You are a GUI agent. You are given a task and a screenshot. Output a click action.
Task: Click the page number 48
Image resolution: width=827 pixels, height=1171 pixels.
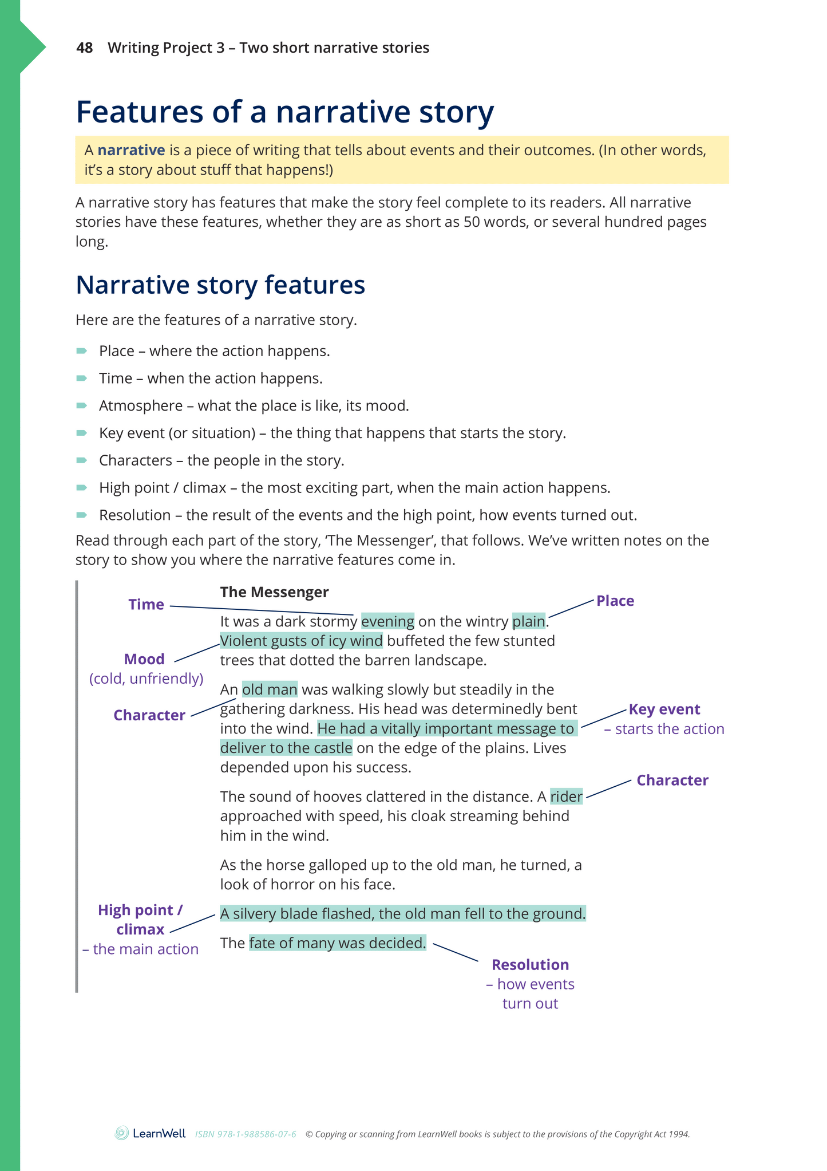[x=84, y=48]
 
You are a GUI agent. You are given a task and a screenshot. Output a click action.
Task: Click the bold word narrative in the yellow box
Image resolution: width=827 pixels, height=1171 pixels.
[x=131, y=150]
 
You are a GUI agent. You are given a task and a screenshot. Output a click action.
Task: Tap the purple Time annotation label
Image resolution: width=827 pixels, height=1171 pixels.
[x=146, y=604]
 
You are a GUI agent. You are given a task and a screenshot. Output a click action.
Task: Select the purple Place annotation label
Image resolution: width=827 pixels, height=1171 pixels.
[x=615, y=601]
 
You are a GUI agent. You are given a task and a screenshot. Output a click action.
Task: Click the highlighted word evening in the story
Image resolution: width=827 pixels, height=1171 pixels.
[x=387, y=621]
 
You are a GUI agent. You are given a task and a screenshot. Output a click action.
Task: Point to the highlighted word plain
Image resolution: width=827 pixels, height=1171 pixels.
[x=529, y=621]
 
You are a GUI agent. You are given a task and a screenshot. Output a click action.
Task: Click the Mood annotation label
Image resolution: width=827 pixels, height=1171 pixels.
[x=144, y=659]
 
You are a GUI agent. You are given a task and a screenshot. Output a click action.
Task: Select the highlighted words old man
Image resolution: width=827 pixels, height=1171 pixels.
[x=270, y=689]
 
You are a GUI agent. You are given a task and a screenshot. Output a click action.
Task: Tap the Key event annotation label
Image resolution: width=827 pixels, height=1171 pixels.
[x=664, y=709]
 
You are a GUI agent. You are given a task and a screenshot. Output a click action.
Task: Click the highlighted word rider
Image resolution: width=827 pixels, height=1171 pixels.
[x=566, y=797]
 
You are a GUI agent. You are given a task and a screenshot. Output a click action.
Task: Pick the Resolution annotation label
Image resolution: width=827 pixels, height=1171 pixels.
[x=530, y=965]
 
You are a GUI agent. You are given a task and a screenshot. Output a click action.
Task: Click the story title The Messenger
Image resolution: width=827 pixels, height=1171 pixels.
[x=274, y=592]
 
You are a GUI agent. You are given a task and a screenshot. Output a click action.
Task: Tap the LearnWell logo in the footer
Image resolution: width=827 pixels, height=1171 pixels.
[x=150, y=1133]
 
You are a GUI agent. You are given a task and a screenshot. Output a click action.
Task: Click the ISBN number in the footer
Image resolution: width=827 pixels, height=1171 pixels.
[x=246, y=1134]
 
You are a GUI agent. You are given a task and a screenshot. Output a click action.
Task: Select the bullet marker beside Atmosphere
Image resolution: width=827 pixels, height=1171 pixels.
[x=82, y=405]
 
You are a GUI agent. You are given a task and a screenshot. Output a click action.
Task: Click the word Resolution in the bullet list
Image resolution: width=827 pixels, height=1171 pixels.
[x=134, y=515]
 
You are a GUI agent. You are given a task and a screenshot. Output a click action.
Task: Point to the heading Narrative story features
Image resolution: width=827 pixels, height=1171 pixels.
[x=220, y=285]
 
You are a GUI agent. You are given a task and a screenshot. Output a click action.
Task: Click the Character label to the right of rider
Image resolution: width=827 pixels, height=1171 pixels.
[x=672, y=780]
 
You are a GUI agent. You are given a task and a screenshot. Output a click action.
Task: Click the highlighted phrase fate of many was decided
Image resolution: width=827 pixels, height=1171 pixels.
[x=338, y=943]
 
